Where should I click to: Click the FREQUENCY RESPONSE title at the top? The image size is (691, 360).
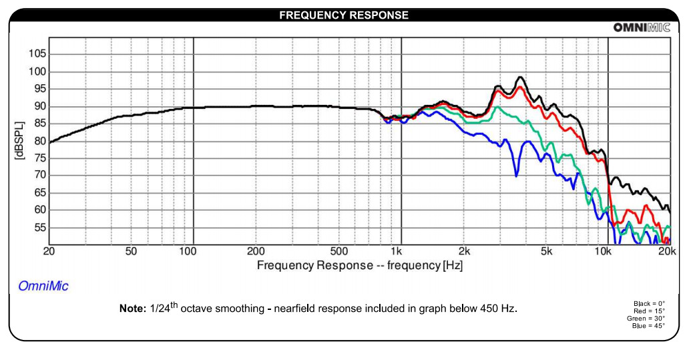tap(344, 15)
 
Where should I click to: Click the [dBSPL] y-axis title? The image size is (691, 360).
tap(19, 141)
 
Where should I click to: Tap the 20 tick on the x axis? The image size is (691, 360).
tap(49, 251)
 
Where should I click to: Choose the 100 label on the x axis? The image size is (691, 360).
tap(188, 251)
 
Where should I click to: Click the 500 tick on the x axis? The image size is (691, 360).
tap(338, 251)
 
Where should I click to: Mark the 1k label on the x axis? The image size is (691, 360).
tap(397, 251)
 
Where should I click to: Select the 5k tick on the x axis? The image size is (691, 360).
tap(547, 251)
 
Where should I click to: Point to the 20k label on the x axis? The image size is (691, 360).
tap(668, 251)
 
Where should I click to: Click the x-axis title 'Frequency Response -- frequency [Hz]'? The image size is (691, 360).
tap(359, 265)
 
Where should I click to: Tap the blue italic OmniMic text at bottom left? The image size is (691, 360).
tap(43, 286)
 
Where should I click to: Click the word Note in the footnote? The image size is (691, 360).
tap(128, 309)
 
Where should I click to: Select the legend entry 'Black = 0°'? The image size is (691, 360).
tap(649, 304)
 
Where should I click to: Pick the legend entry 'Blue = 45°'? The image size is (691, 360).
tap(648, 326)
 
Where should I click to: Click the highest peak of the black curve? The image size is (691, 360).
tap(520, 77)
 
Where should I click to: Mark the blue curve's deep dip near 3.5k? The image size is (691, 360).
tap(516, 175)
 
